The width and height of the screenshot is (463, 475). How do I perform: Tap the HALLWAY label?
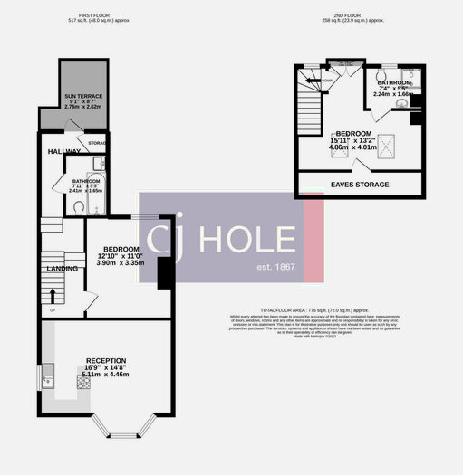tap(64, 151)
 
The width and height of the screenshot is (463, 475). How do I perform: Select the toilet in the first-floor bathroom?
tap(81, 207)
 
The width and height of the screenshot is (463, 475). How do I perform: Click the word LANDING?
tap(63, 269)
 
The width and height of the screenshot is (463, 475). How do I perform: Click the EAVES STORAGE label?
tap(359, 185)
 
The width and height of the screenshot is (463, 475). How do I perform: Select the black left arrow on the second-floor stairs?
tap(316, 80)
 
